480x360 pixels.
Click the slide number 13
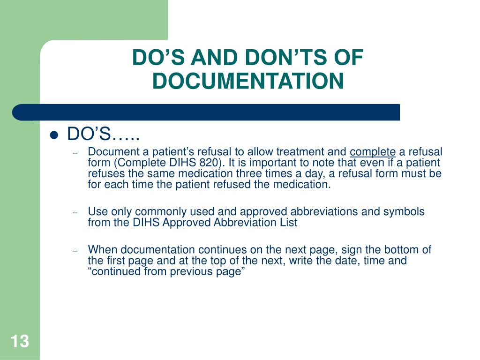click(19, 341)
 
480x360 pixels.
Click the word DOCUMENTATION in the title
click(248, 81)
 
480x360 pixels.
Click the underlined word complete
click(373, 152)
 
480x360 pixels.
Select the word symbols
click(404, 211)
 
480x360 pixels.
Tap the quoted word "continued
click(112, 272)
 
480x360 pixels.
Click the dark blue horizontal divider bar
click(206, 112)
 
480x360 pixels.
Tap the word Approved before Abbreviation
click(187, 223)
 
